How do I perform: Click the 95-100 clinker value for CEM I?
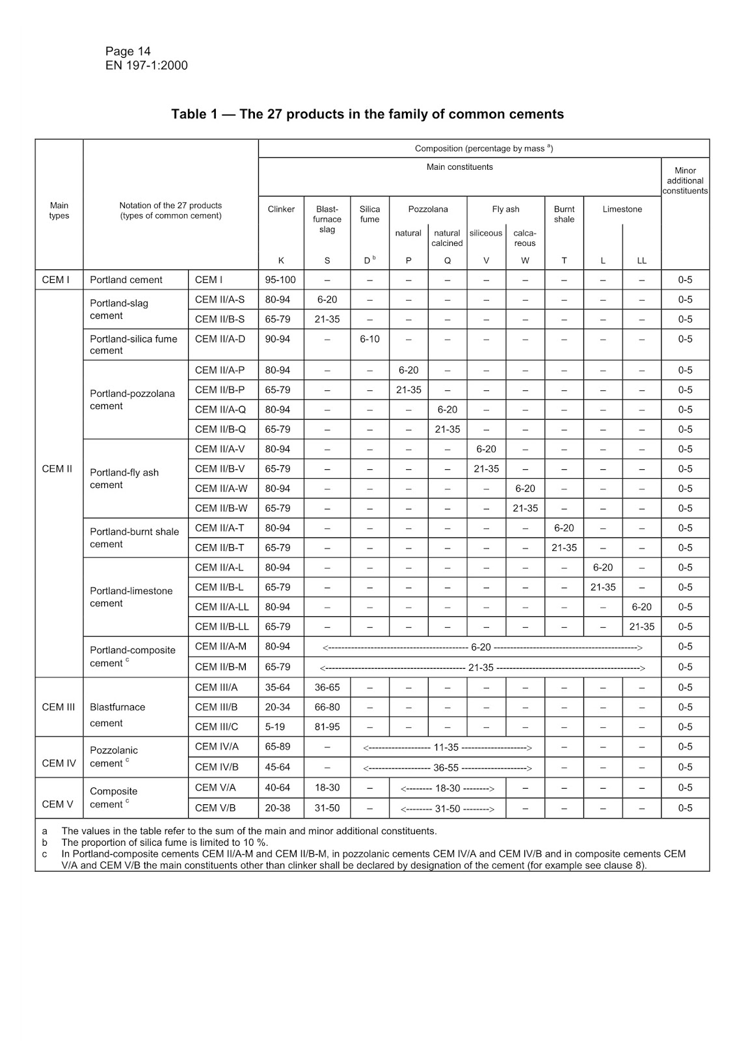click(x=280, y=280)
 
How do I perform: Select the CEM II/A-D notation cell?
click(x=219, y=339)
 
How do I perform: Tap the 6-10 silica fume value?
click(x=369, y=339)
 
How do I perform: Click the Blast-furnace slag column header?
click(x=327, y=219)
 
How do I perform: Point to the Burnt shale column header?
click(x=564, y=214)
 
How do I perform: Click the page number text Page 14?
click(x=128, y=51)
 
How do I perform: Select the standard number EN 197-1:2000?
click(x=146, y=65)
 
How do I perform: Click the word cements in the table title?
click(x=537, y=115)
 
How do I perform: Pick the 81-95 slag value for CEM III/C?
click(x=327, y=727)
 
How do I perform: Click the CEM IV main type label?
click(x=59, y=763)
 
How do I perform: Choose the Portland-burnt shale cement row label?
click(x=134, y=537)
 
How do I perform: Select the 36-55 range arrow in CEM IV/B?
click(x=447, y=768)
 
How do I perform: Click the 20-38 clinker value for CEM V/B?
click(x=278, y=808)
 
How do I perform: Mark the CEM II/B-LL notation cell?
click(x=222, y=627)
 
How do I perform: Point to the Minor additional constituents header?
click(x=685, y=180)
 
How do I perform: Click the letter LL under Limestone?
click(x=641, y=261)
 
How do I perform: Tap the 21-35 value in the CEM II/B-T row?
click(x=564, y=548)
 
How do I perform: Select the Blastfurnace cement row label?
click(x=118, y=714)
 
